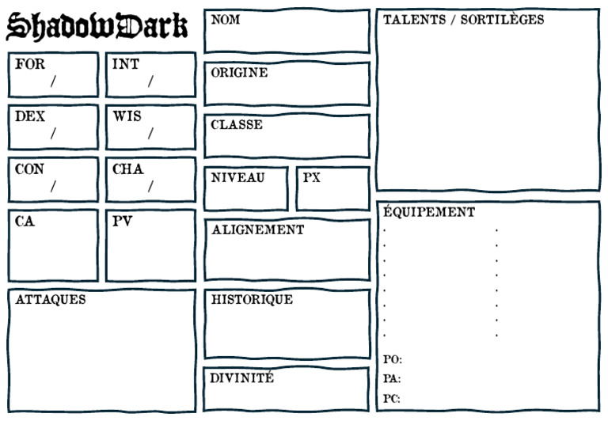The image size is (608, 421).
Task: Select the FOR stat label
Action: (30, 64)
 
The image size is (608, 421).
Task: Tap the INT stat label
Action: (125, 64)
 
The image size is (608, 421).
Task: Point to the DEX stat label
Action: (30, 116)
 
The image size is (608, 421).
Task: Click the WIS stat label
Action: (127, 116)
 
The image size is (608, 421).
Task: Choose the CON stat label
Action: (30, 169)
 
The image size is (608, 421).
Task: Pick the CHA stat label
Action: (127, 169)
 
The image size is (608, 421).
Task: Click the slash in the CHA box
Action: (150, 187)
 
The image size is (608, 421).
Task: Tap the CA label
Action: (25, 222)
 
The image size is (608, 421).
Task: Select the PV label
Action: (122, 222)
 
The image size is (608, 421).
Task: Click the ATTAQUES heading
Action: (50, 300)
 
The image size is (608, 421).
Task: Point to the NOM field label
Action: (225, 20)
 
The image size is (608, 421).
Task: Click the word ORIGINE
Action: (239, 73)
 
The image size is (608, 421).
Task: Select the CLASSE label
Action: (237, 125)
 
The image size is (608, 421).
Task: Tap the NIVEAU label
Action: (237, 177)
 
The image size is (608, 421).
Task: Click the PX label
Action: (312, 177)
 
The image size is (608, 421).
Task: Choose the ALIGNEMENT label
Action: (257, 229)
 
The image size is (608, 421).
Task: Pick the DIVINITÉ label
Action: (242, 378)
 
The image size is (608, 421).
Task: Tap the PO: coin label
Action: (392, 359)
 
